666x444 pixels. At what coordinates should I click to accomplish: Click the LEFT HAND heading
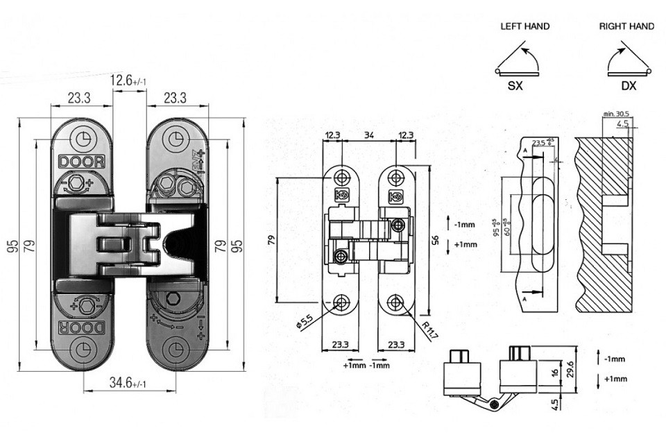pyautogui.click(x=524, y=26)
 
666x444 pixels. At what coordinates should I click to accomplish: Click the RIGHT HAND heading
pyautogui.click(x=626, y=26)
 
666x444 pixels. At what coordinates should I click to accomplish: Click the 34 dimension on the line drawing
pyautogui.click(x=368, y=135)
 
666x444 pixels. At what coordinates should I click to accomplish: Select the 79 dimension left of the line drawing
pyautogui.click(x=271, y=240)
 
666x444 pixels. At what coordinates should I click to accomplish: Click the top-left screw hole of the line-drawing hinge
pyautogui.click(x=341, y=173)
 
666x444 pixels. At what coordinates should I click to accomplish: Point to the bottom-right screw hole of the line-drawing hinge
pyautogui.click(x=395, y=302)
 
